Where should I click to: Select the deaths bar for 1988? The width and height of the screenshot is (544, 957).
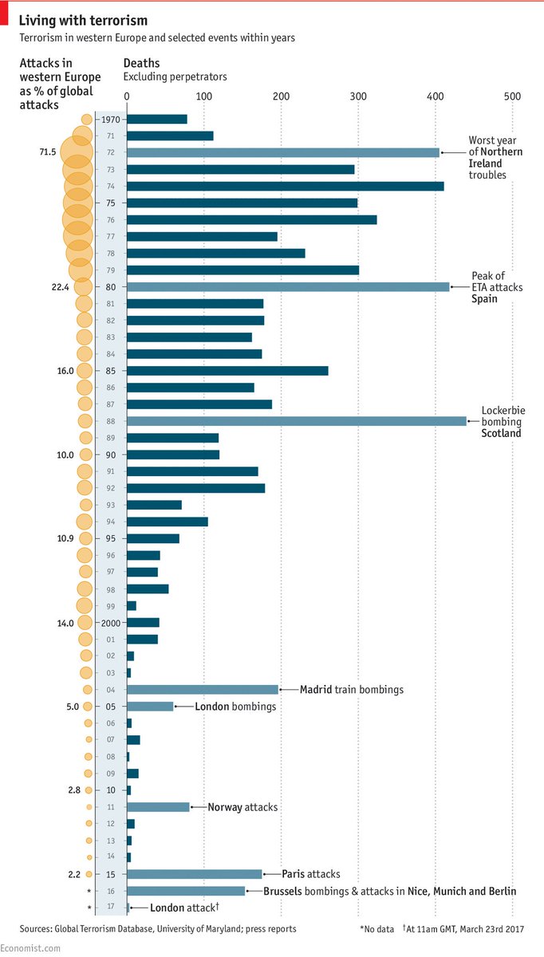tap(296, 421)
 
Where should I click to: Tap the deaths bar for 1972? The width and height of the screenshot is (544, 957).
tap(282, 152)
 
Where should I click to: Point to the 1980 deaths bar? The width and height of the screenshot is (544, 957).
tap(287, 286)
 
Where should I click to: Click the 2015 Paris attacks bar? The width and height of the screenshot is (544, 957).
tap(194, 874)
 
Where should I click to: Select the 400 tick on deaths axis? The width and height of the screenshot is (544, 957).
tap(436, 96)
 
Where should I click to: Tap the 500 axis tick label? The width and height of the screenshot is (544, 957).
tap(512, 96)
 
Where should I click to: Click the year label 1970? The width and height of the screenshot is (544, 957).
tap(111, 119)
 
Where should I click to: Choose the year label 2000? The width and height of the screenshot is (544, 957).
tap(110, 623)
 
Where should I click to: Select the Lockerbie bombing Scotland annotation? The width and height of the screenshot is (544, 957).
tap(501, 422)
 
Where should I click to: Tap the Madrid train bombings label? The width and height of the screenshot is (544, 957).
tap(352, 690)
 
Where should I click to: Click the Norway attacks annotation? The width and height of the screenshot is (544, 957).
tap(242, 807)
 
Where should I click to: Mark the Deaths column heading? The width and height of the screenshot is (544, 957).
tap(141, 63)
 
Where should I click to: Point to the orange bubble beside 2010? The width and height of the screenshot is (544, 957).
tap(88, 790)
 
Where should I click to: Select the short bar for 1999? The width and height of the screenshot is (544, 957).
tap(132, 606)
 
